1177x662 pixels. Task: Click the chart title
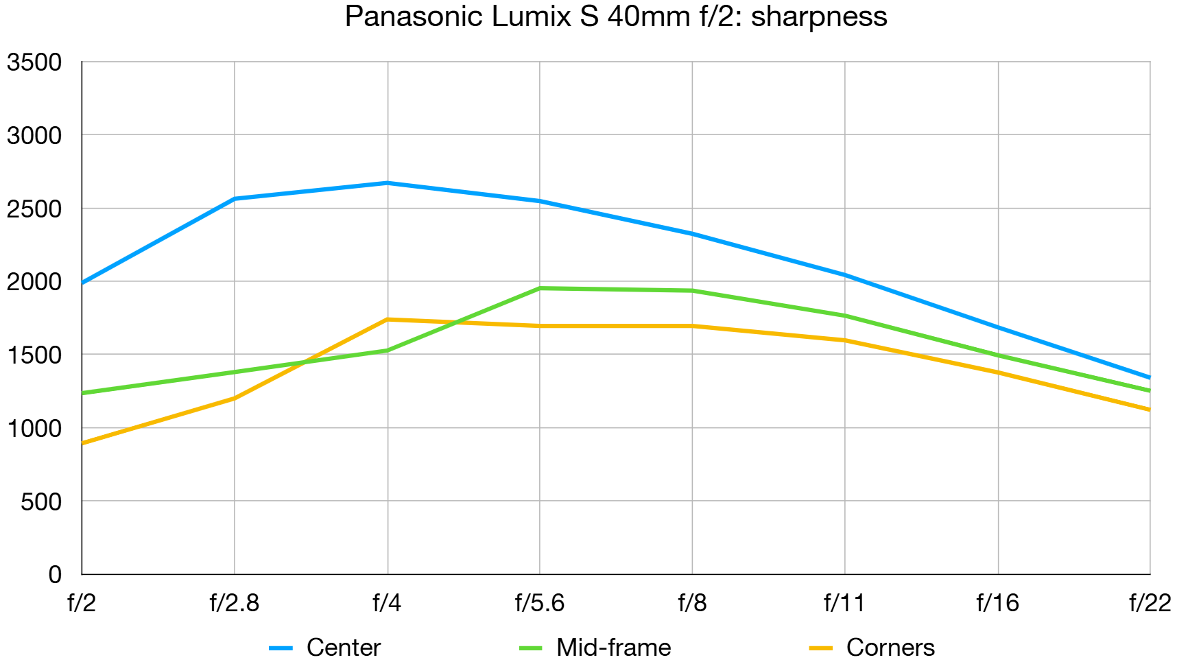pyautogui.click(x=615, y=16)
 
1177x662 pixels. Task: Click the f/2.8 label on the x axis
pyautogui.click(x=235, y=603)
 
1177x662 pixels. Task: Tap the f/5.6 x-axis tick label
pyautogui.click(x=540, y=603)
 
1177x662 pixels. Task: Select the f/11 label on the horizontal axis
pyautogui.click(x=844, y=603)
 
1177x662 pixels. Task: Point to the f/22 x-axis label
pyautogui.click(x=1150, y=603)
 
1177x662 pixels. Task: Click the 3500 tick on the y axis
pyautogui.click(x=34, y=62)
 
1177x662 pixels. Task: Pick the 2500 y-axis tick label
pyautogui.click(x=34, y=209)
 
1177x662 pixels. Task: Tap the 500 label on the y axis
pyautogui.click(x=41, y=501)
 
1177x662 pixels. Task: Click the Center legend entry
pyautogui.click(x=343, y=647)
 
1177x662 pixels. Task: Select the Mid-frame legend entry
pyautogui.click(x=613, y=647)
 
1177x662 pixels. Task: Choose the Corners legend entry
pyautogui.click(x=890, y=647)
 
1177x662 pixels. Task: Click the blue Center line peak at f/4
pyautogui.click(x=388, y=183)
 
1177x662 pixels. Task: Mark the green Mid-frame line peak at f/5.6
pyautogui.click(x=540, y=288)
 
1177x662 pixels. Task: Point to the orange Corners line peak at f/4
pyautogui.click(x=388, y=320)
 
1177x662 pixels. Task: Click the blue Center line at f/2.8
pyautogui.click(x=235, y=199)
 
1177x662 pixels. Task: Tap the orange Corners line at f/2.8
pyautogui.click(x=235, y=398)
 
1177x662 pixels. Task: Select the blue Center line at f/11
pyautogui.click(x=844, y=275)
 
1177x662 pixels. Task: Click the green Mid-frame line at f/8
pyautogui.click(x=692, y=291)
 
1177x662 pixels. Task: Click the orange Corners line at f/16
pyautogui.click(x=997, y=373)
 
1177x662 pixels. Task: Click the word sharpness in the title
pyautogui.click(x=819, y=16)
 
